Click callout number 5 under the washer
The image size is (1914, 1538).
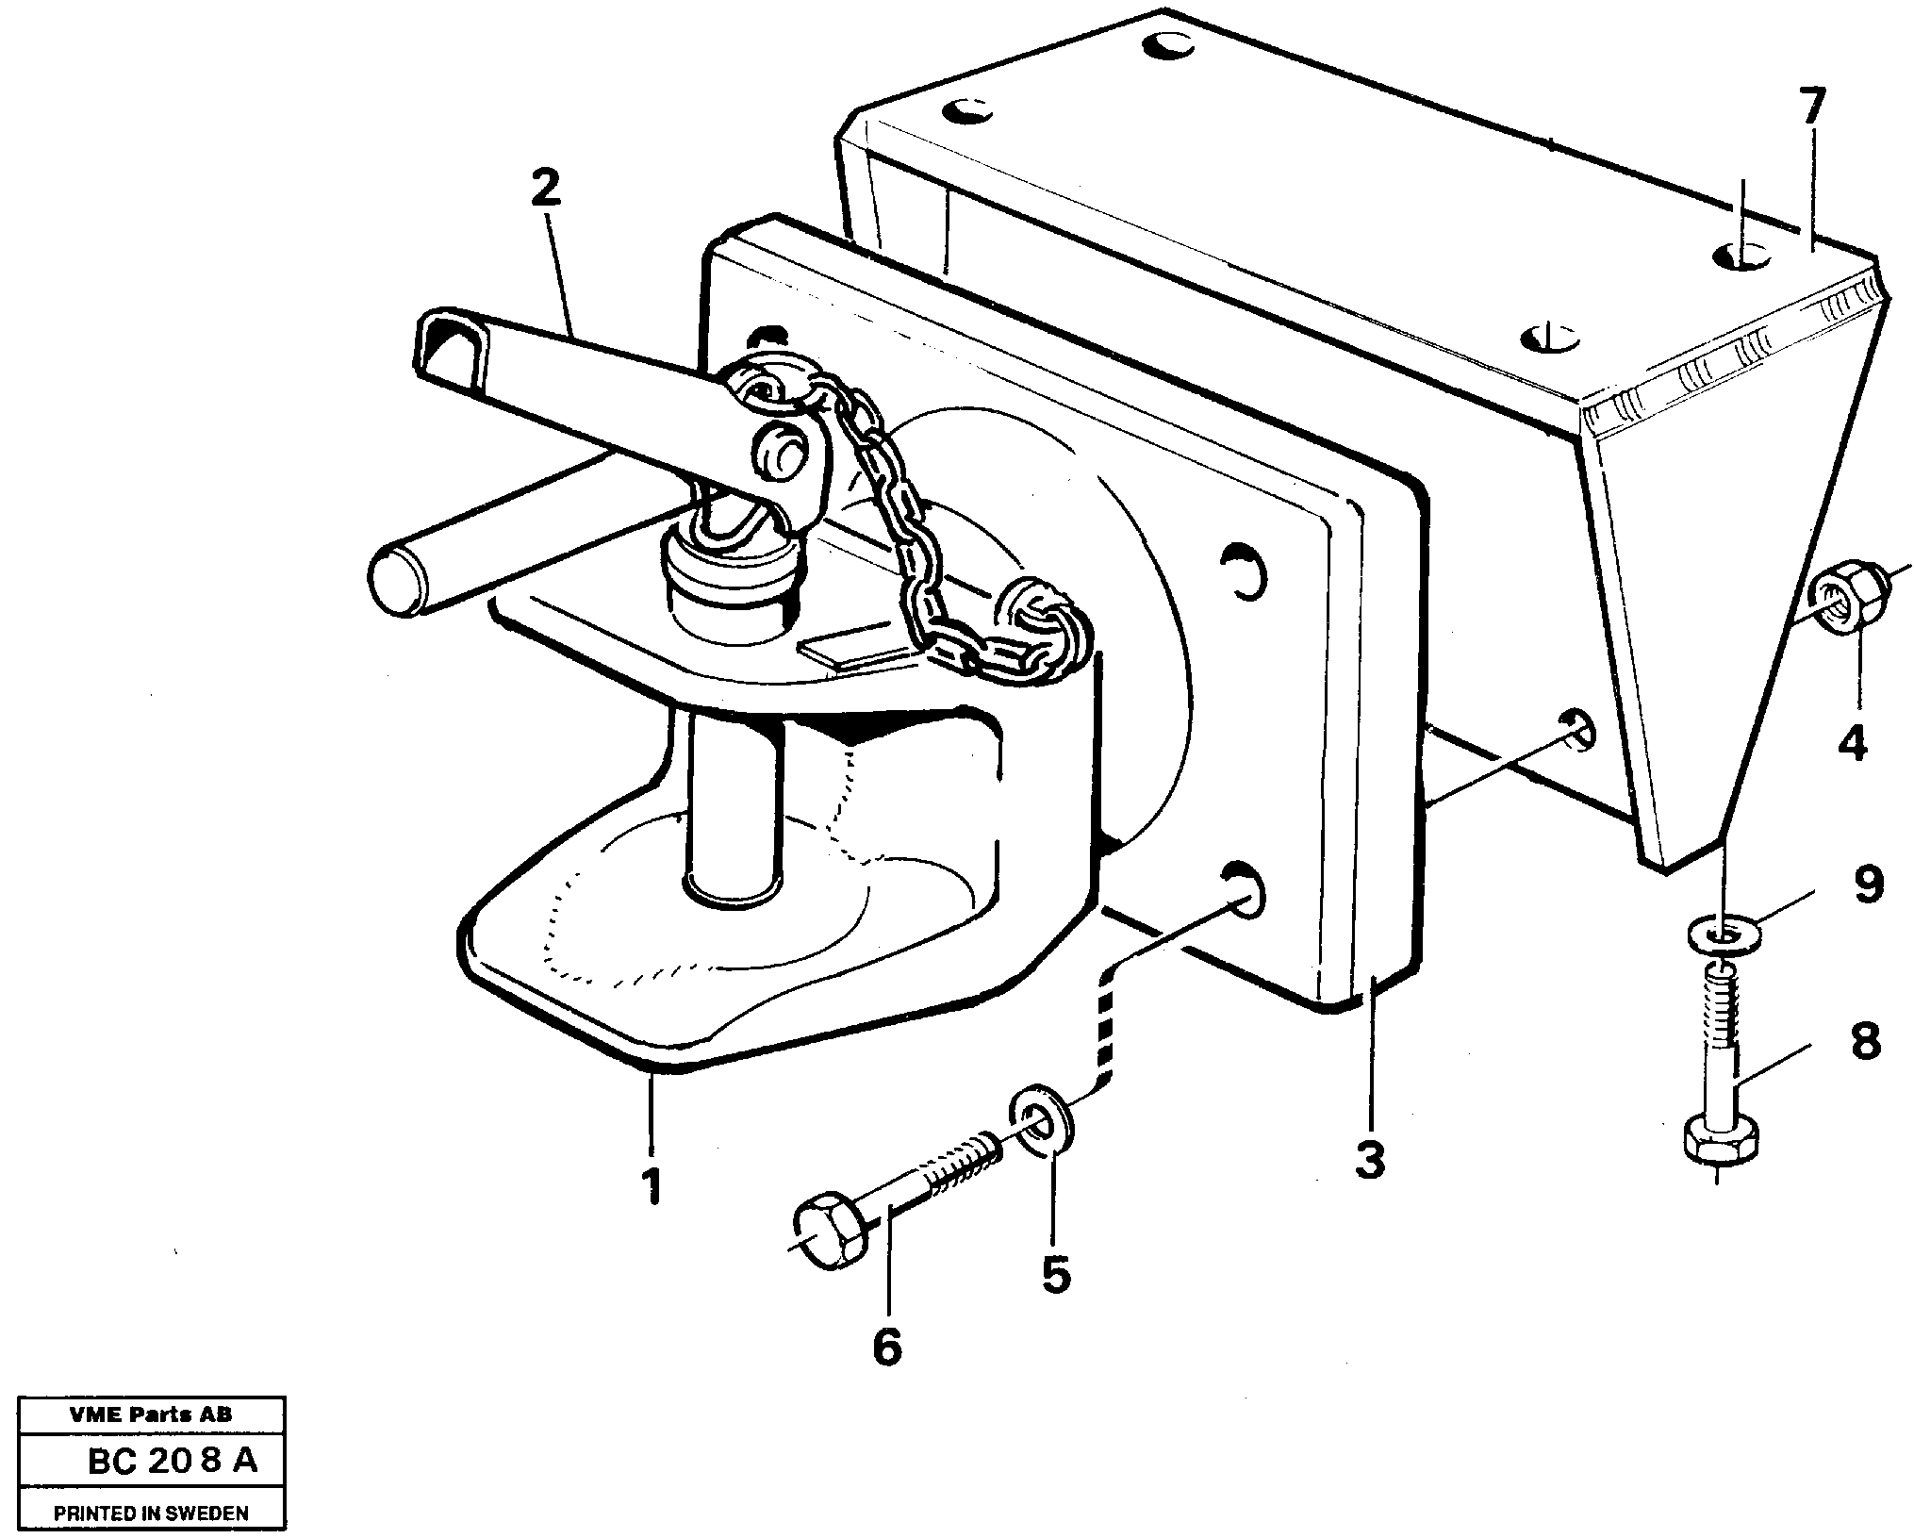click(x=1055, y=1274)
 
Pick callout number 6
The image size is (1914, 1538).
click(x=886, y=1347)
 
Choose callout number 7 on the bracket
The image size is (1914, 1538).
click(x=1811, y=109)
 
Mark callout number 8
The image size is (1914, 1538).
click(x=1866, y=1042)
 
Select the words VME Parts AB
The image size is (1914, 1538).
click(x=151, y=1414)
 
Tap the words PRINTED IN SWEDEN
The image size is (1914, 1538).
click(x=151, y=1513)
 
